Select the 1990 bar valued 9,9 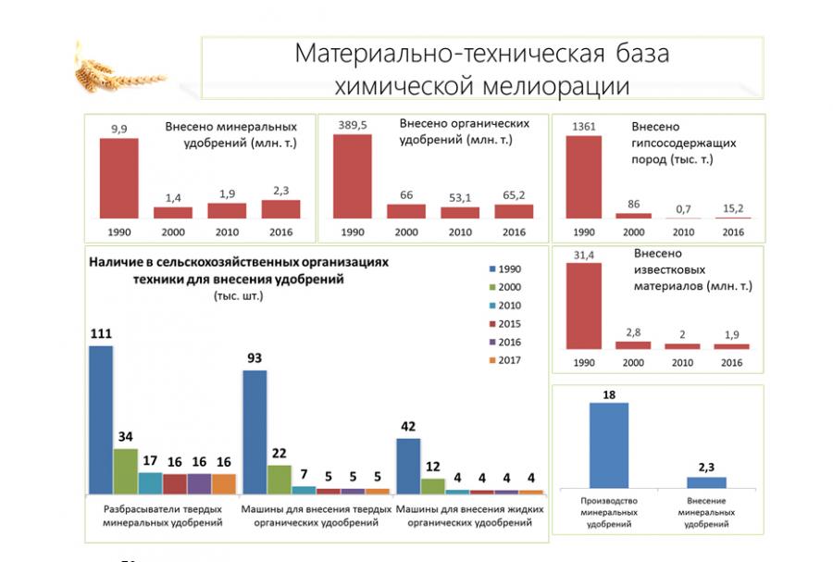click(x=118, y=179)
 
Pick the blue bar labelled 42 click(x=408, y=466)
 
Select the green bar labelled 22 click(x=279, y=479)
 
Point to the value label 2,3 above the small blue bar click(x=706, y=467)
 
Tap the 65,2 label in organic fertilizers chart click(x=514, y=195)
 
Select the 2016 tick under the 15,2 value click(x=732, y=232)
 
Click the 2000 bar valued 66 click(x=406, y=211)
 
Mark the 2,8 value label click(x=633, y=331)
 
